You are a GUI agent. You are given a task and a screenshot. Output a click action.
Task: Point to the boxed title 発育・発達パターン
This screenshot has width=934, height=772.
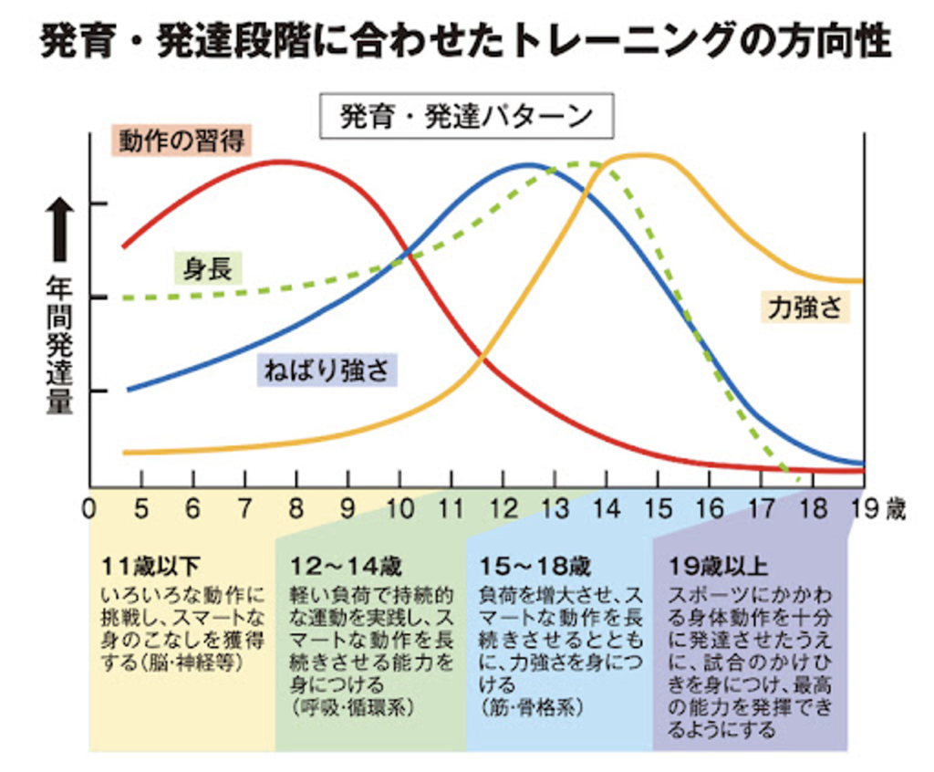point(466,117)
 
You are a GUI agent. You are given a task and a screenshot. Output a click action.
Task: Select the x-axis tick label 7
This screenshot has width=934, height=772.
point(244,508)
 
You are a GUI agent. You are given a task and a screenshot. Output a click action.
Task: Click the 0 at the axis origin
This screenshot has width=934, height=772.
point(89,508)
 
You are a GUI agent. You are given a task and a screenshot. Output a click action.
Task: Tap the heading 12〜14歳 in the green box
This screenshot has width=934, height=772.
point(346,566)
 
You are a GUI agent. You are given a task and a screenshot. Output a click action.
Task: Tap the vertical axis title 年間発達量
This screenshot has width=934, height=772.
point(59,347)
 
